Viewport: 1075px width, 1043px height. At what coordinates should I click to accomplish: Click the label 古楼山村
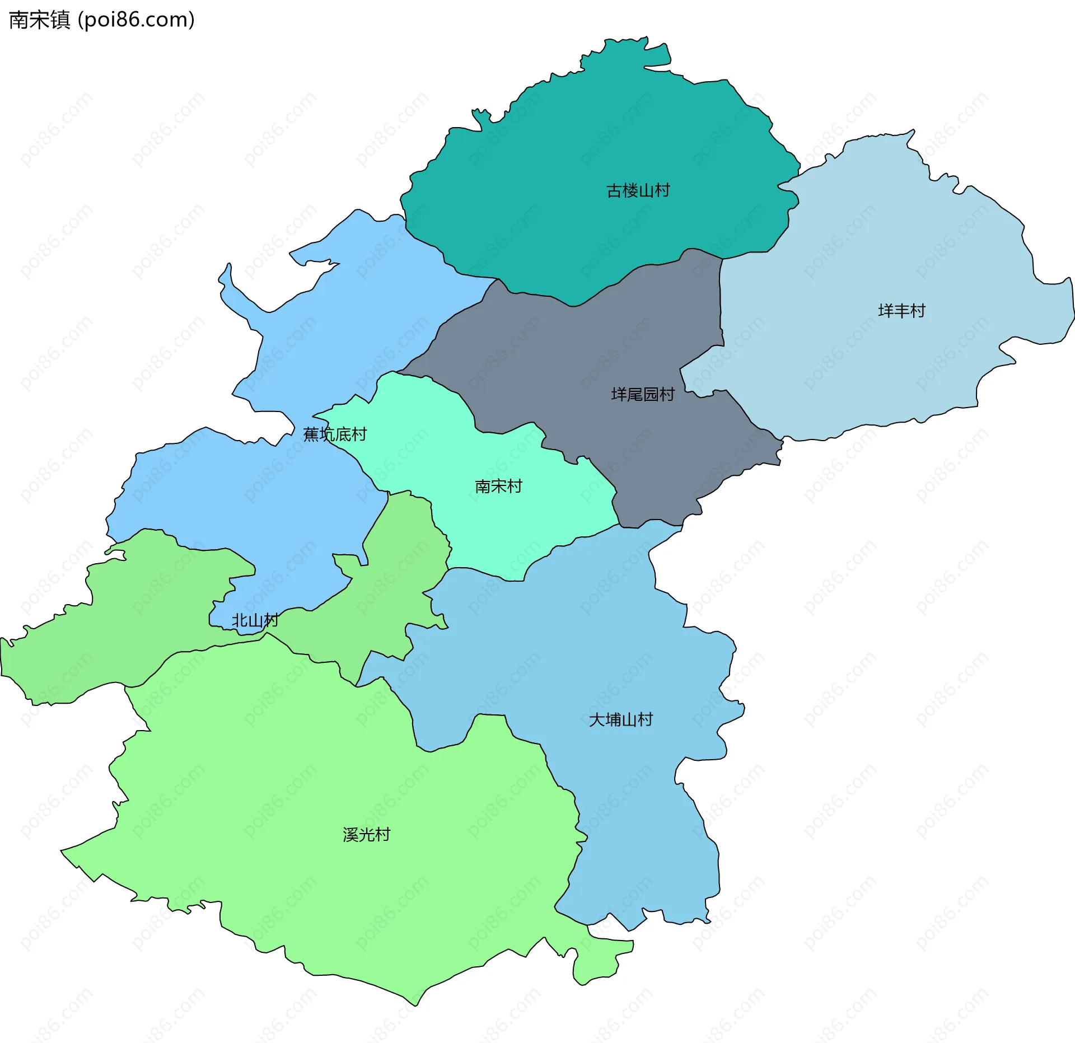[638, 191]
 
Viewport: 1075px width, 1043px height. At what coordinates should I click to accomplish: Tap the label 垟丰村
[901, 311]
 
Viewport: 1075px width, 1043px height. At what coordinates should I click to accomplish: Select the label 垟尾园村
[642, 395]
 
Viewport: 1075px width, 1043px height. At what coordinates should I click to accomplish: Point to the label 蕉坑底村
[334, 434]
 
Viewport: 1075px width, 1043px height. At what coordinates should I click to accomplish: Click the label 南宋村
[498, 487]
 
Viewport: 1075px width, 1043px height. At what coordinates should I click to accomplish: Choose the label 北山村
[255, 620]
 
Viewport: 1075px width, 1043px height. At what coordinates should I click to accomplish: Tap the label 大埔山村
[620, 719]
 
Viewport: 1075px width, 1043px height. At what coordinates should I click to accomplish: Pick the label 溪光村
[366, 835]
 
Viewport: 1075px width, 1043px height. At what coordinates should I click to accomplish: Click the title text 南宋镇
[39, 20]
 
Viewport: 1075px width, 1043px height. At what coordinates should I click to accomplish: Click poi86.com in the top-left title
[136, 20]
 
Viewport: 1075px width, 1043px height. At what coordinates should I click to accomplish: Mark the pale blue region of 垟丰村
[896, 252]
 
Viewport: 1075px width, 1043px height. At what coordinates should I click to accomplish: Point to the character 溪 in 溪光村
[350, 835]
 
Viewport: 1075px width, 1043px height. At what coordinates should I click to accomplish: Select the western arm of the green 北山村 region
[56, 655]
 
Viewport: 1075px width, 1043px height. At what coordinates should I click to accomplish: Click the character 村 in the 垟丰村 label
[918, 311]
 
